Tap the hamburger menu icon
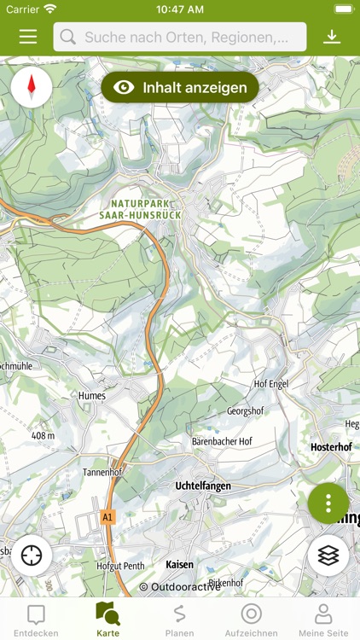click(28, 37)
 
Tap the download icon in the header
click(332, 37)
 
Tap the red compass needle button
click(32, 87)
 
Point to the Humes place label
click(91, 396)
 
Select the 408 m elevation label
click(43, 435)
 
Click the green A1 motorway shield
click(107, 517)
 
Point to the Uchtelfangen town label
click(203, 486)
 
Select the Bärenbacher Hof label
click(221, 441)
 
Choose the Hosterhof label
click(331, 447)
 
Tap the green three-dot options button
click(328, 503)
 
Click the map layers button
click(328, 556)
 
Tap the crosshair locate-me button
click(32, 556)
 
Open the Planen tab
click(179, 620)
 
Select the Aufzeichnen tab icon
click(251, 614)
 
